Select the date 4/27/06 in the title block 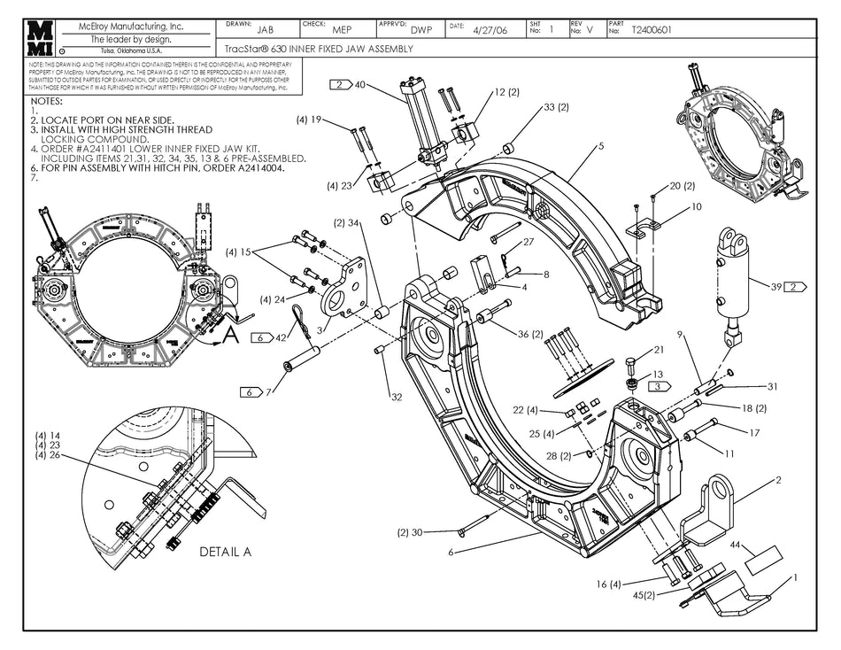click(x=489, y=29)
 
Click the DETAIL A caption click(x=226, y=552)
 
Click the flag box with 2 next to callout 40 click(x=341, y=85)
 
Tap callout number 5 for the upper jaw click(x=600, y=146)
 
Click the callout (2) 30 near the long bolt click(x=412, y=532)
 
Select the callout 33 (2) click(x=556, y=107)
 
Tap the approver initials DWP click(x=421, y=29)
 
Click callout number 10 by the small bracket click(x=697, y=206)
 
